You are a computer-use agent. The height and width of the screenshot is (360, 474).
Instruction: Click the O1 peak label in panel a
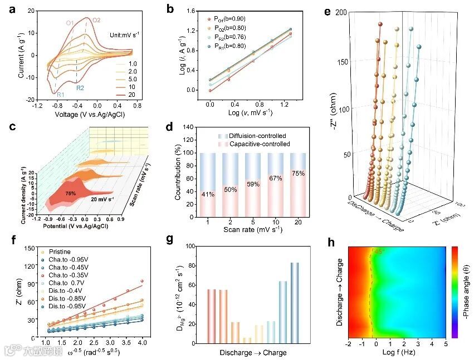(x=70, y=23)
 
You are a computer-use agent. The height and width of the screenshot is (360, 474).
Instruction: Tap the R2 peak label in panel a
(x=80, y=88)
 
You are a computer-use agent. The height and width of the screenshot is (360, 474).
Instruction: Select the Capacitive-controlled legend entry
(x=260, y=144)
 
